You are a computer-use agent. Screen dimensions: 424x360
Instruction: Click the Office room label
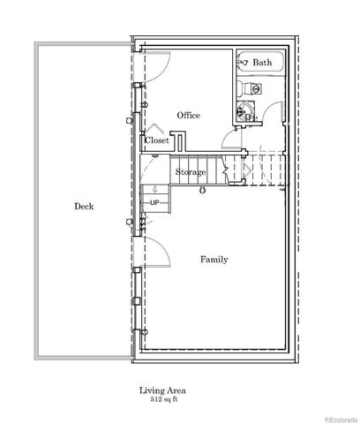188,116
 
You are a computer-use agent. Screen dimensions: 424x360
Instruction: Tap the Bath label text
262,63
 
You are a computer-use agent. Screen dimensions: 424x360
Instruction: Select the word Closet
157,140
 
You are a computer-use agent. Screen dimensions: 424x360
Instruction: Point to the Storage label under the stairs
191,171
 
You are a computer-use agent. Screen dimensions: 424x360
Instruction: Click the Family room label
214,260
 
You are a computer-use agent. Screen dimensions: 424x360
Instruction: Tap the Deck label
84,207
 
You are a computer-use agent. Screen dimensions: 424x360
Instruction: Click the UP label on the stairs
154,203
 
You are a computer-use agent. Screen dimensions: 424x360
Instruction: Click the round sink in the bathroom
246,111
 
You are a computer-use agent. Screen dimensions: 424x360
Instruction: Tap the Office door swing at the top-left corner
150,66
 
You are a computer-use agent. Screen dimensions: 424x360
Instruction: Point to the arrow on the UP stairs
154,188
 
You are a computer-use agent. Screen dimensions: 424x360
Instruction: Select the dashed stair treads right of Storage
260,170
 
